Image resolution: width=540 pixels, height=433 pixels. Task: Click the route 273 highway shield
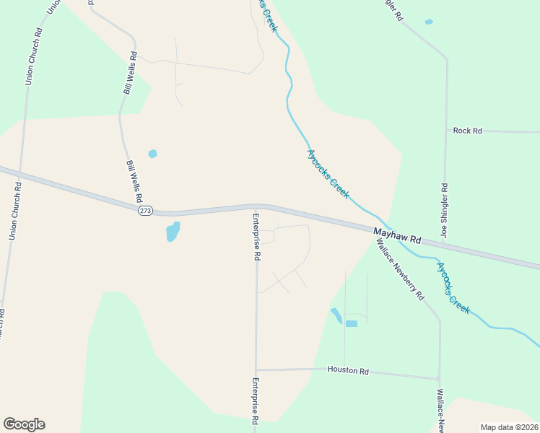coord(146,210)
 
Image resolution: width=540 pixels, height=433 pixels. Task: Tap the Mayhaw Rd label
coord(397,235)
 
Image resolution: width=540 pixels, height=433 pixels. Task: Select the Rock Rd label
coord(467,131)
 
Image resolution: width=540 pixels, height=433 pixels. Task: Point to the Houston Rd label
coord(348,371)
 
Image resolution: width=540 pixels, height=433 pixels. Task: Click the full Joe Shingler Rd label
coord(445,211)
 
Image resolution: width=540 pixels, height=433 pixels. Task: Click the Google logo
coord(24,424)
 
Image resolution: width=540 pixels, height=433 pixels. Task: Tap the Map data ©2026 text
coord(508,427)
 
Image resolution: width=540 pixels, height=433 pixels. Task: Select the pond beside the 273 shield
coord(173,232)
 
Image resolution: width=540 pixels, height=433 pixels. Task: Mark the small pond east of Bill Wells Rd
coord(152,154)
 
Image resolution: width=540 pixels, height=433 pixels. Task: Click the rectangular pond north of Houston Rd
coord(351,323)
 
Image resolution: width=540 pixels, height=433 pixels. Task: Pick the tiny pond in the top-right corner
coord(429,22)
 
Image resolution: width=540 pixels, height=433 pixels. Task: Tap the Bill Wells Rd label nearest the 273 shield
coord(135,182)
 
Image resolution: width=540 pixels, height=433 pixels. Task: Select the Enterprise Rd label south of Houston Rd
coord(255,399)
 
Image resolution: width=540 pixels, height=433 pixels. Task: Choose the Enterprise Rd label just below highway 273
coord(256,237)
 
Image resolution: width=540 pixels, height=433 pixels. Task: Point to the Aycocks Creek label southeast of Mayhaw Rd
coord(453,288)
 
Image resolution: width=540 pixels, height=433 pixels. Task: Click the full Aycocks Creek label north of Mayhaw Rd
coord(328,174)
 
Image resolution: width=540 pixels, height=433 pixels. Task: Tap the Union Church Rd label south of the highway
coord(14,211)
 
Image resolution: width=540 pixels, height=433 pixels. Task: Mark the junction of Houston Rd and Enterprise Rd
coord(256,370)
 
